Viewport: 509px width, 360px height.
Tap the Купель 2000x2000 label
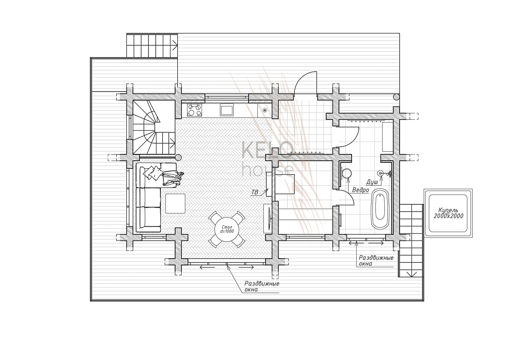click(448, 213)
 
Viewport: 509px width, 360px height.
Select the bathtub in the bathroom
click(380, 209)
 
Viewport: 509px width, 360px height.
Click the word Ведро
click(361, 190)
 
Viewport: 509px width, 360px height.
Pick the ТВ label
click(255, 192)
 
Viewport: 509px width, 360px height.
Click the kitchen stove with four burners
click(194, 110)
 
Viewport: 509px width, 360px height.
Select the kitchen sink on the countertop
click(227, 110)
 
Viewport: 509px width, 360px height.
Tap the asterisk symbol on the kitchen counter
click(265, 110)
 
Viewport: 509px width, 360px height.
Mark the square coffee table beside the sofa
click(175, 203)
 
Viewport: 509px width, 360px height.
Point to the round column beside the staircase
click(178, 157)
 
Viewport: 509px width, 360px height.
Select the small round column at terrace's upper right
click(396, 97)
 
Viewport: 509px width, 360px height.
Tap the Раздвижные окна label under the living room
click(262, 286)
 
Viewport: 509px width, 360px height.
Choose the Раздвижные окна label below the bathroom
click(376, 260)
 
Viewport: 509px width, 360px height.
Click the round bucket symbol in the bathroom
click(347, 173)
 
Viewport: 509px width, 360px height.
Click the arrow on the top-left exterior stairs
click(175, 45)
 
